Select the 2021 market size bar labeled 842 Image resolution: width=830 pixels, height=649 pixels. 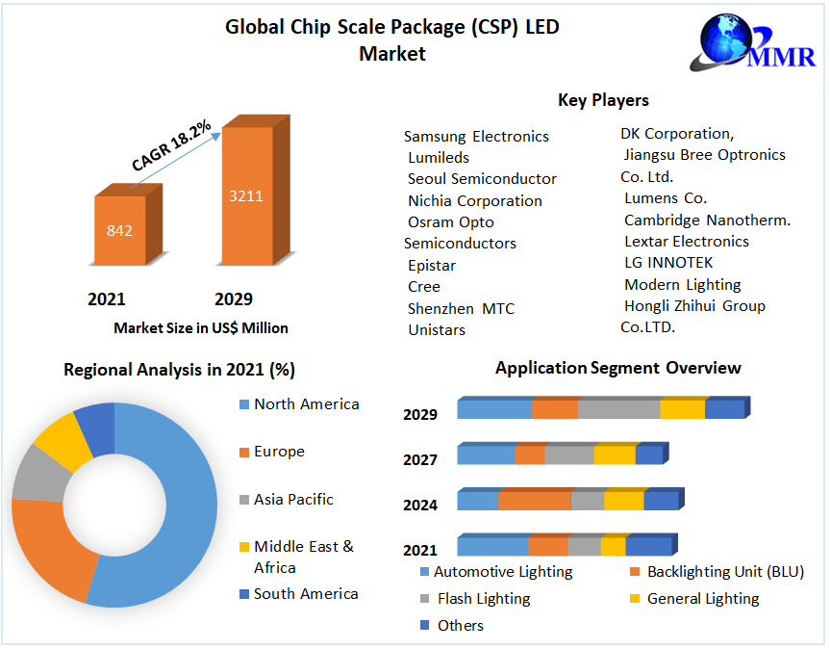click(x=120, y=230)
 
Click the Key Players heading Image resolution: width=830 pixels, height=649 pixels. click(x=603, y=100)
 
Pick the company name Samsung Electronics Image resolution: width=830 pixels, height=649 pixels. click(x=476, y=137)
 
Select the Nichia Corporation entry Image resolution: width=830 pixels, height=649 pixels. click(x=475, y=201)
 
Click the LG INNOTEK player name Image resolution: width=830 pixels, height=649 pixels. click(x=668, y=263)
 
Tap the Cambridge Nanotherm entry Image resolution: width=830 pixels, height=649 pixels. click(x=707, y=221)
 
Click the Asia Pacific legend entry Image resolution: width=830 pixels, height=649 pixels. click(x=292, y=500)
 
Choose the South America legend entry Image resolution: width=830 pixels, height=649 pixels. click(x=305, y=594)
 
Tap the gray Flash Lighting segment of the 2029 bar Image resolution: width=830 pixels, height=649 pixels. click(x=618, y=409)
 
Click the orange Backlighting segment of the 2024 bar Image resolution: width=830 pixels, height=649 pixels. click(x=534, y=501)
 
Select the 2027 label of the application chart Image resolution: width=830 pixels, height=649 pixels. click(x=420, y=460)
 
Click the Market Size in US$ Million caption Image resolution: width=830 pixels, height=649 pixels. click(x=201, y=328)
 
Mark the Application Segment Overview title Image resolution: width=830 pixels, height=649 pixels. click(x=617, y=368)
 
